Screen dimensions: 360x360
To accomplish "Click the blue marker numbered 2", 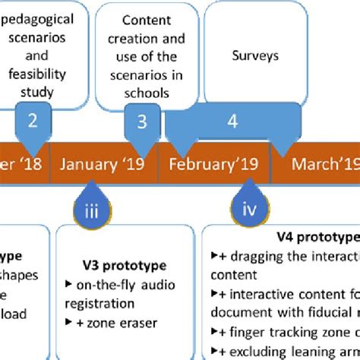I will point(31,121).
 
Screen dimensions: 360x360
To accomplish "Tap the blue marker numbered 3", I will point(141,121).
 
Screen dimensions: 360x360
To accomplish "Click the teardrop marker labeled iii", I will point(91,212).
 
